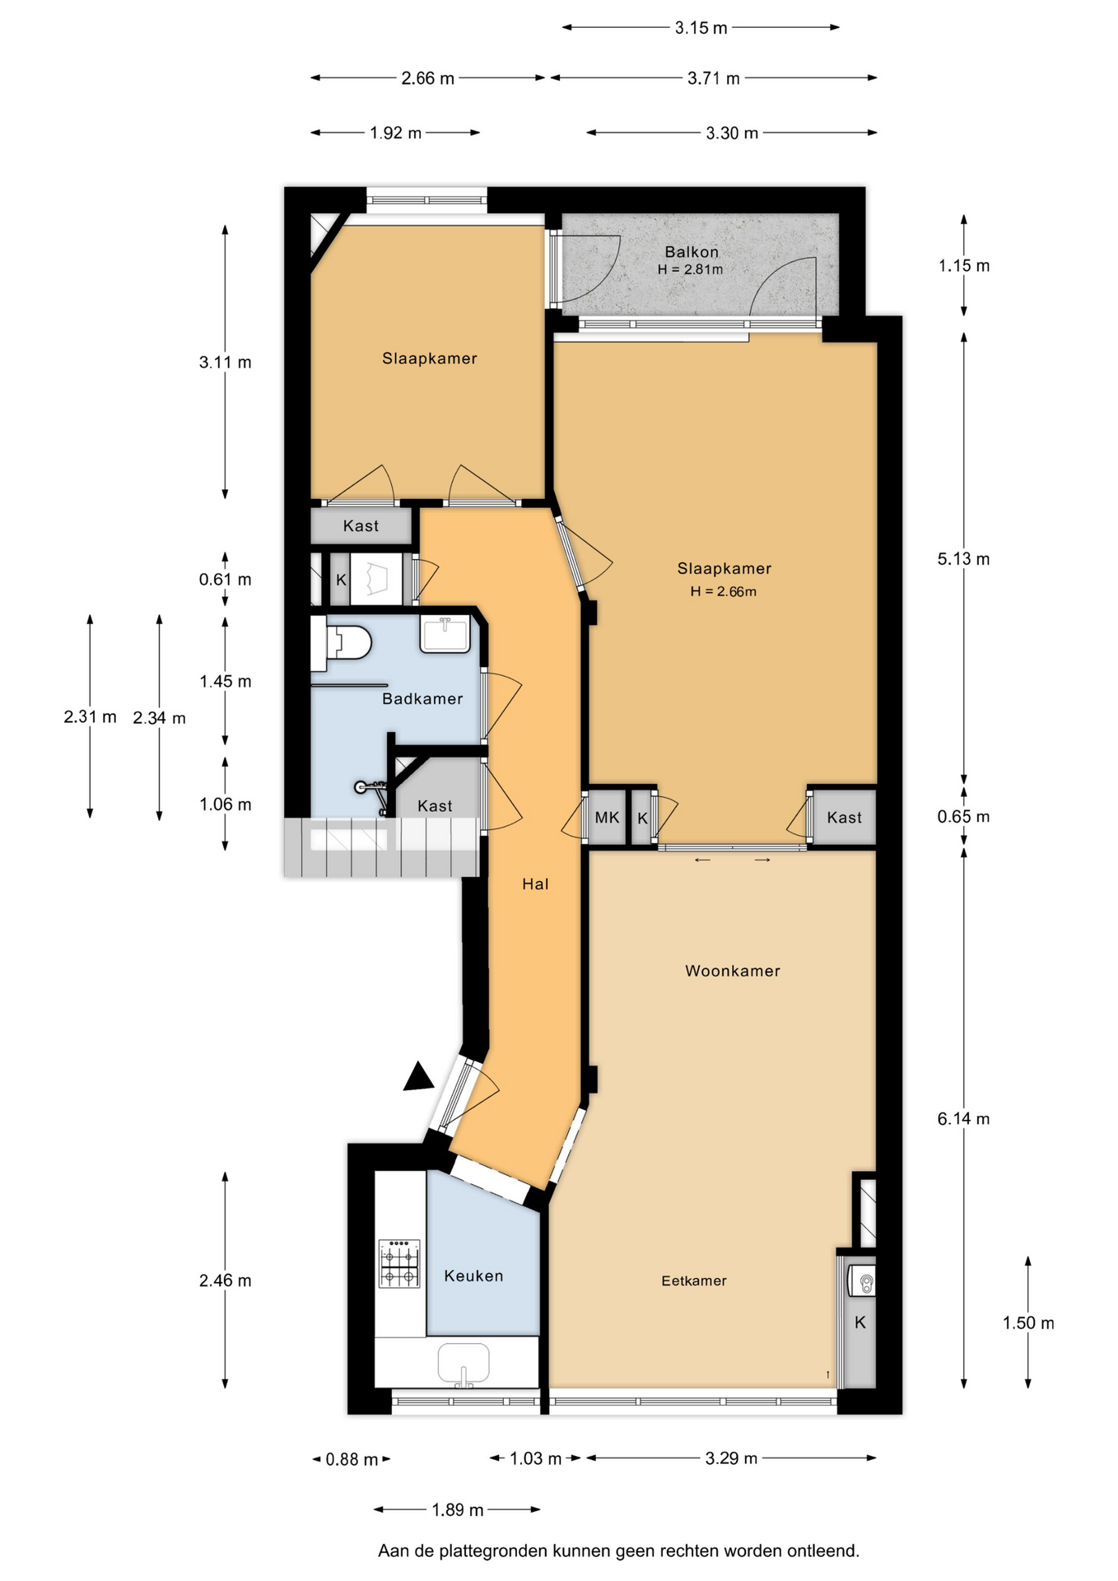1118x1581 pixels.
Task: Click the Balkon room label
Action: [692, 252]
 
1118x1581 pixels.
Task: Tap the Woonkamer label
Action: [733, 971]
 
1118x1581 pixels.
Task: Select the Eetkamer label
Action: [694, 1280]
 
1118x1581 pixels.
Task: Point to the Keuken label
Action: [473, 1276]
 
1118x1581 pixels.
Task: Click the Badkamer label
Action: [422, 698]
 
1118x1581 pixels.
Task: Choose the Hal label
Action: [535, 884]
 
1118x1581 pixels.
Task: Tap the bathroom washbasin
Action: [445, 634]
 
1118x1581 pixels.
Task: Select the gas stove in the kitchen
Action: [399, 1263]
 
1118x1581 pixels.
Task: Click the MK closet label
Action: [607, 817]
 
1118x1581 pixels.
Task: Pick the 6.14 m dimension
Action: [963, 1118]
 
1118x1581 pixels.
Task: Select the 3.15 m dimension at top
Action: [701, 27]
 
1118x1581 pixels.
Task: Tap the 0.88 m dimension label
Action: [352, 1459]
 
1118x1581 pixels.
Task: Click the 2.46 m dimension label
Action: [225, 1280]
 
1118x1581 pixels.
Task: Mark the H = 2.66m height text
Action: [724, 591]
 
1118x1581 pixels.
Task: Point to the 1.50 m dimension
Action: [1028, 1322]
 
